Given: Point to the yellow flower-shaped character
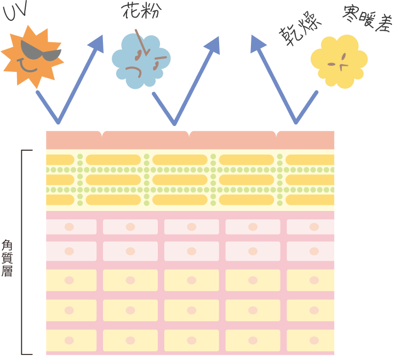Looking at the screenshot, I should [339, 60].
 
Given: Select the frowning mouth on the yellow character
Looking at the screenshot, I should [343, 66].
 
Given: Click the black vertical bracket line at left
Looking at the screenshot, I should [22, 252].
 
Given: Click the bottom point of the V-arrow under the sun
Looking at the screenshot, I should [58, 122].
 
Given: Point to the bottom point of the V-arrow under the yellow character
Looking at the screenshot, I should [296, 122].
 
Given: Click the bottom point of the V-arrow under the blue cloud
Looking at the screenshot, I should [174, 123].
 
